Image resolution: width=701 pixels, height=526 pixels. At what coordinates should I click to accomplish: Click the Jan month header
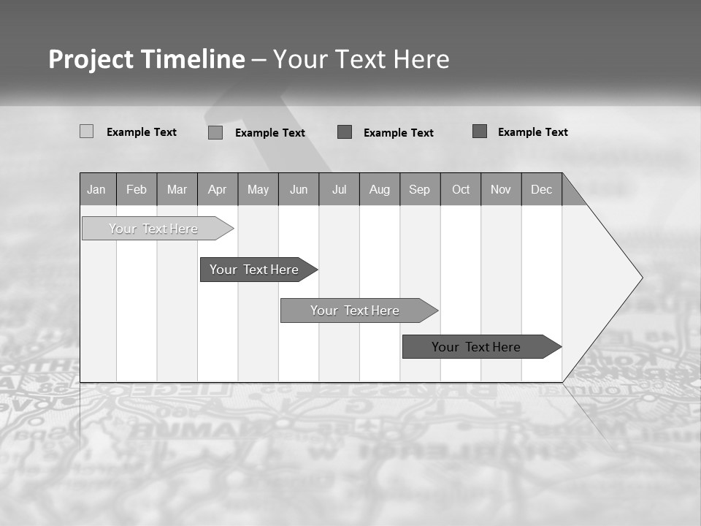(96, 190)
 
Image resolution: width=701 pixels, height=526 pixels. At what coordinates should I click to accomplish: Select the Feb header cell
(137, 190)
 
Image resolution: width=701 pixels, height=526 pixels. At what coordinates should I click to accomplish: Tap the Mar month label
(177, 190)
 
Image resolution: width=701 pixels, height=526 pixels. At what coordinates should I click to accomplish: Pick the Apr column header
(217, 190)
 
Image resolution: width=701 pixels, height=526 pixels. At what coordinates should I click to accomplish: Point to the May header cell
(258, 190)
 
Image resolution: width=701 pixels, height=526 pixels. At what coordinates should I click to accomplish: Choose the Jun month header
(299, 190)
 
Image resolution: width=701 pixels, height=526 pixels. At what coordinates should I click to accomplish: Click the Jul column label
(339, 190)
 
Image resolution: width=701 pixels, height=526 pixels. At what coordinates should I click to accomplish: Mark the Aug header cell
(380, 190)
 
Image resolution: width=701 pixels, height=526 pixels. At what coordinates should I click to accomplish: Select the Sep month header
(419, 190)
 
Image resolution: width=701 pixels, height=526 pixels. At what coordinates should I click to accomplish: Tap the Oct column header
(461, 190)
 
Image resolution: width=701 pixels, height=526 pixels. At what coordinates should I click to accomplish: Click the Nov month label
(501, 190)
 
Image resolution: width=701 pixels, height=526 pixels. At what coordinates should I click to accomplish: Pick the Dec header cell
(542, 190)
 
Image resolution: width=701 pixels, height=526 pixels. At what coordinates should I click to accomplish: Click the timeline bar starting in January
(153, 229)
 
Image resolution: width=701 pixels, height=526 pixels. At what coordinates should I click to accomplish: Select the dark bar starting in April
(254, 270)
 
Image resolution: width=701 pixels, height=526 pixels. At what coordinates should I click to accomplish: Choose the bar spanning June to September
(355, 310)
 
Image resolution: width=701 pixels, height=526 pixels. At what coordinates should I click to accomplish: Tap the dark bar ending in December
(476, 347)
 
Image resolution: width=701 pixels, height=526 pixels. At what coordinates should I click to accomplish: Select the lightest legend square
(86, 131)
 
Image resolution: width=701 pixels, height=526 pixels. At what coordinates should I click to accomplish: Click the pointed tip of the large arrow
(640, 278)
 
